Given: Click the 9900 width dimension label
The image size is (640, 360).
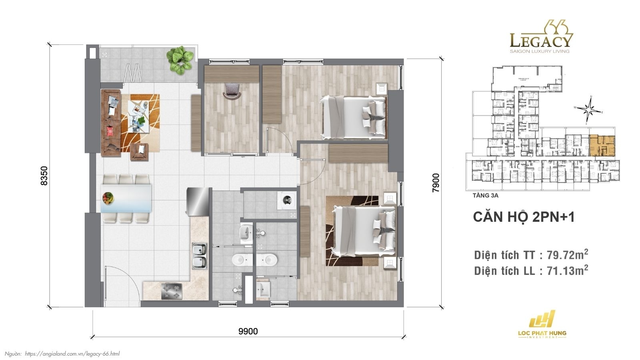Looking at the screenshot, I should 248,331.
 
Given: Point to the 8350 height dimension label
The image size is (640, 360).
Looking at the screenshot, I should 44,176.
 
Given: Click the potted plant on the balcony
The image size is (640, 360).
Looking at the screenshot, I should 180,60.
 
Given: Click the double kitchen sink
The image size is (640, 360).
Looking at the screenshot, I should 199,256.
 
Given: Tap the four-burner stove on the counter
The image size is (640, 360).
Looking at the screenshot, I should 171,291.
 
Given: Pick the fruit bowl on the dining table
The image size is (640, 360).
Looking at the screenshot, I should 108,197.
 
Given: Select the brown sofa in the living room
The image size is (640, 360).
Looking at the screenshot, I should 111,122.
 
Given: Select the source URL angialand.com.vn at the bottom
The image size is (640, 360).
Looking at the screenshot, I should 72,354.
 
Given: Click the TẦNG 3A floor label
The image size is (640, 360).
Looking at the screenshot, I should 485,196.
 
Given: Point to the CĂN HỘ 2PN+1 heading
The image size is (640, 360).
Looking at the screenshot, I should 524,217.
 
